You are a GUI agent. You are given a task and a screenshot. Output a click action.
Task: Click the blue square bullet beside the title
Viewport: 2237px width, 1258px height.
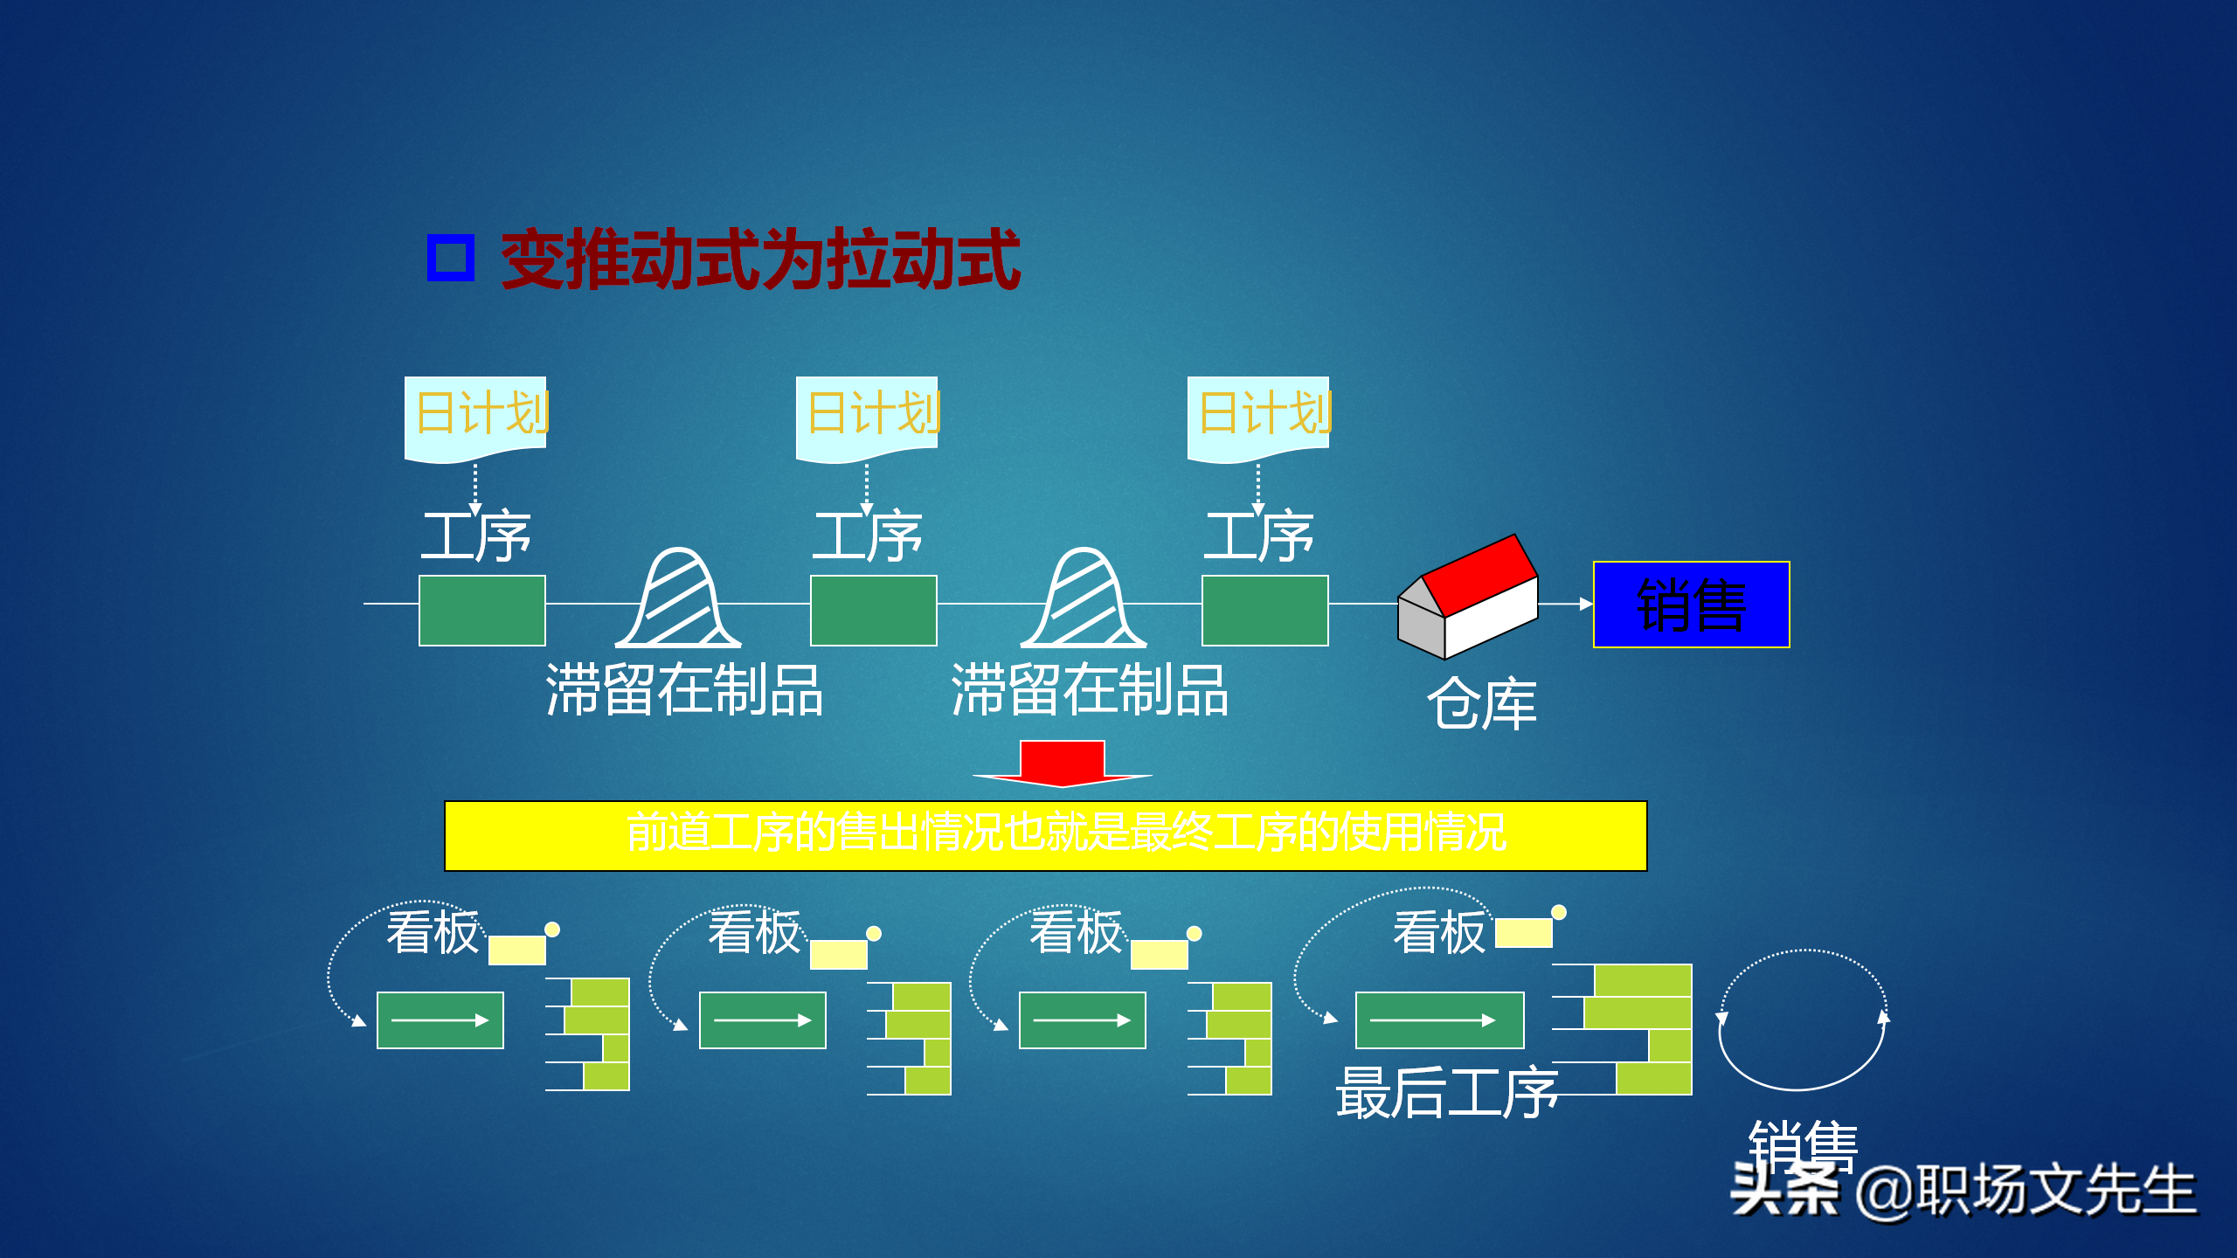point(451,258)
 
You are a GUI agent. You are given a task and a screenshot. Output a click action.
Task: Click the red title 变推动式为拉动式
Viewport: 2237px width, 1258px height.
point(760,259)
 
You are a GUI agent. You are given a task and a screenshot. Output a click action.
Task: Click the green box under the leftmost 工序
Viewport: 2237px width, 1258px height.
point(482,611)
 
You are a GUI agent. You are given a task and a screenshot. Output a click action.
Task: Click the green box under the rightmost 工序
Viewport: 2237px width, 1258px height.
point(1265,611)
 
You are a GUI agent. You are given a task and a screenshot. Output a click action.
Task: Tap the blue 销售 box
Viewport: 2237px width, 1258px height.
point(1692,605)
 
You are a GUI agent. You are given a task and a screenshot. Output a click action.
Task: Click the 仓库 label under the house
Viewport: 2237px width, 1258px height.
point(1482,704)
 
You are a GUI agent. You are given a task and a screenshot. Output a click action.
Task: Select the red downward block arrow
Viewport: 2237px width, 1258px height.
point(1063,762)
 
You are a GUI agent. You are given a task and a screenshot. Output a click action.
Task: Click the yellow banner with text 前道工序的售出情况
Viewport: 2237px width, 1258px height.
point(1045,835)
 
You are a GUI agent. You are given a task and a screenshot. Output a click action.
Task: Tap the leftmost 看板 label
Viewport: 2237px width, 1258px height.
point(433,932)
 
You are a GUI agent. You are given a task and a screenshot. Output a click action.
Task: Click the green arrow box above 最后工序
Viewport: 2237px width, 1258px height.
point(1439,1020)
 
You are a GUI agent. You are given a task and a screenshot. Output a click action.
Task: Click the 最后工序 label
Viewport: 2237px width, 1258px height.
point(1447,1094)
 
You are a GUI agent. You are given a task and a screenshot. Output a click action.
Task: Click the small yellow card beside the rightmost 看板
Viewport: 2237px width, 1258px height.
point(1524,933)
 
